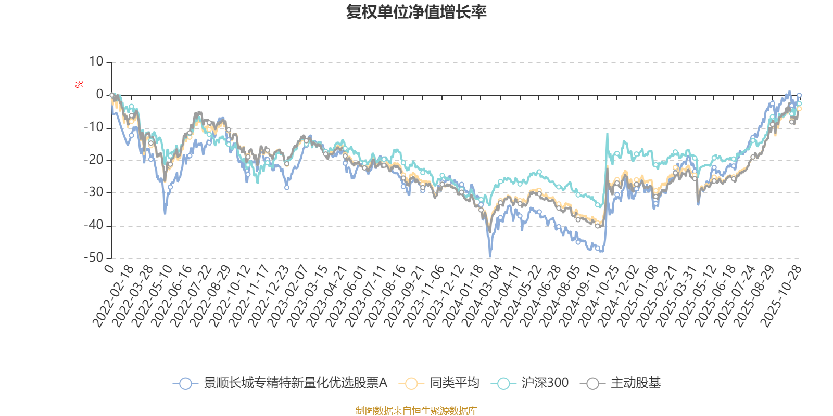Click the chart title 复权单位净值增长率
416,12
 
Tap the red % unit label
79,84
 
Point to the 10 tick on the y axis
96,62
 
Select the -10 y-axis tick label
94,127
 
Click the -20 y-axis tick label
94,160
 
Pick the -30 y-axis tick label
94,192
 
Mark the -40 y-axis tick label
94,225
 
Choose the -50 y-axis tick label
94,257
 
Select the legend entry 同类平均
454,383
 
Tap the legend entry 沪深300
545,383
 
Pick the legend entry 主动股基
635,383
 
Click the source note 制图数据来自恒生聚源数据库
416,411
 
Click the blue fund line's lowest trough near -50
490,256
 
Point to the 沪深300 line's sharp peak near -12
607,135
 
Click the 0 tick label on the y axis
99,95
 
